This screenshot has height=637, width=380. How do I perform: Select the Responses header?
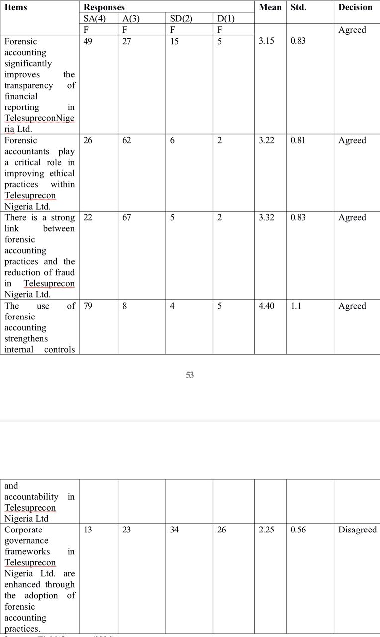click(104, 7)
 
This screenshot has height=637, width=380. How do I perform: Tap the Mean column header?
click(270, 7)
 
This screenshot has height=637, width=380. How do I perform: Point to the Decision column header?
click(355, 7)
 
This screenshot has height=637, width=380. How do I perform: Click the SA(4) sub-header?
click(95, 19)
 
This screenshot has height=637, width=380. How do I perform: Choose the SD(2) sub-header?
click(181, 19)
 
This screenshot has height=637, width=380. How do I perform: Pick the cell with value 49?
click(88, 41)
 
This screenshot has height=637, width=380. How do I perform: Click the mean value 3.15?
click(267, 41)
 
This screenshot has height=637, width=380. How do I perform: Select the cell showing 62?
click(127, 140)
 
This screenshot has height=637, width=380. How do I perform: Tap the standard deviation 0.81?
click(298, 140)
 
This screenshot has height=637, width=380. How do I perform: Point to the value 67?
click(127, 217)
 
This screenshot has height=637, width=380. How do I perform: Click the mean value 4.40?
click(267, 306)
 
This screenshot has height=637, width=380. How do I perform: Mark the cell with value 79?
click(88, 306)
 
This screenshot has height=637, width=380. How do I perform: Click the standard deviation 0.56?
click(298, 530)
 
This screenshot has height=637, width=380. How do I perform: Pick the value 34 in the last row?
click(175, 530)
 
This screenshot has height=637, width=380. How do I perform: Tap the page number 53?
click(190, 375)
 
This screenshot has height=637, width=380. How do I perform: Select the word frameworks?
click(24, 551)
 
